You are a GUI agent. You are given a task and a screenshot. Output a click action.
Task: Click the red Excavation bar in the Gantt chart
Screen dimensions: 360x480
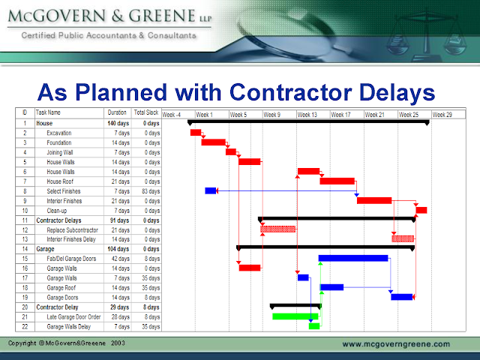[x=196, y=133]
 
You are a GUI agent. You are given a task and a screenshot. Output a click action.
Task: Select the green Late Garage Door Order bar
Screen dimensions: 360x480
[x=295, y=316]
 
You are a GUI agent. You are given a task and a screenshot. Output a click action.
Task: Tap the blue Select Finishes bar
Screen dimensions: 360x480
[x=211, y=190]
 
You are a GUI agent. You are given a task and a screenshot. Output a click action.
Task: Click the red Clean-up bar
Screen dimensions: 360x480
[x=421, y=210]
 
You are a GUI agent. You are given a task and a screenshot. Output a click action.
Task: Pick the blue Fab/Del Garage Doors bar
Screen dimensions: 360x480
[x=353, y=258]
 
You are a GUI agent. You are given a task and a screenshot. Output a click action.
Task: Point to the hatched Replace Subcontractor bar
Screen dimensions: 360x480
[x=277, y=229]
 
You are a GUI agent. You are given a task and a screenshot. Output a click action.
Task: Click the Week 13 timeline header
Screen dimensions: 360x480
[x=307, y=115]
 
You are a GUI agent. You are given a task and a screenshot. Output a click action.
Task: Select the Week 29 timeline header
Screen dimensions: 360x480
[x=442, y=115]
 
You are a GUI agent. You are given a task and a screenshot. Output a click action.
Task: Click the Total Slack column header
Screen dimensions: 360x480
[x=146, y=112]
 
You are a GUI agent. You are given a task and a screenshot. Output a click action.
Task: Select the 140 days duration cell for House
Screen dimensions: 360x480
[x=118, y=122]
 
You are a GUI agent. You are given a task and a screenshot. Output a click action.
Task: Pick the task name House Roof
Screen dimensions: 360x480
[x=61, y=181]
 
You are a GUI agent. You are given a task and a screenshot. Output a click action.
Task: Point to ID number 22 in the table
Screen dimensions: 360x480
[x=24, y=326]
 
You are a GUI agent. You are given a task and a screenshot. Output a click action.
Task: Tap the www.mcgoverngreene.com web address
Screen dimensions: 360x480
[x=396, y=344]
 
